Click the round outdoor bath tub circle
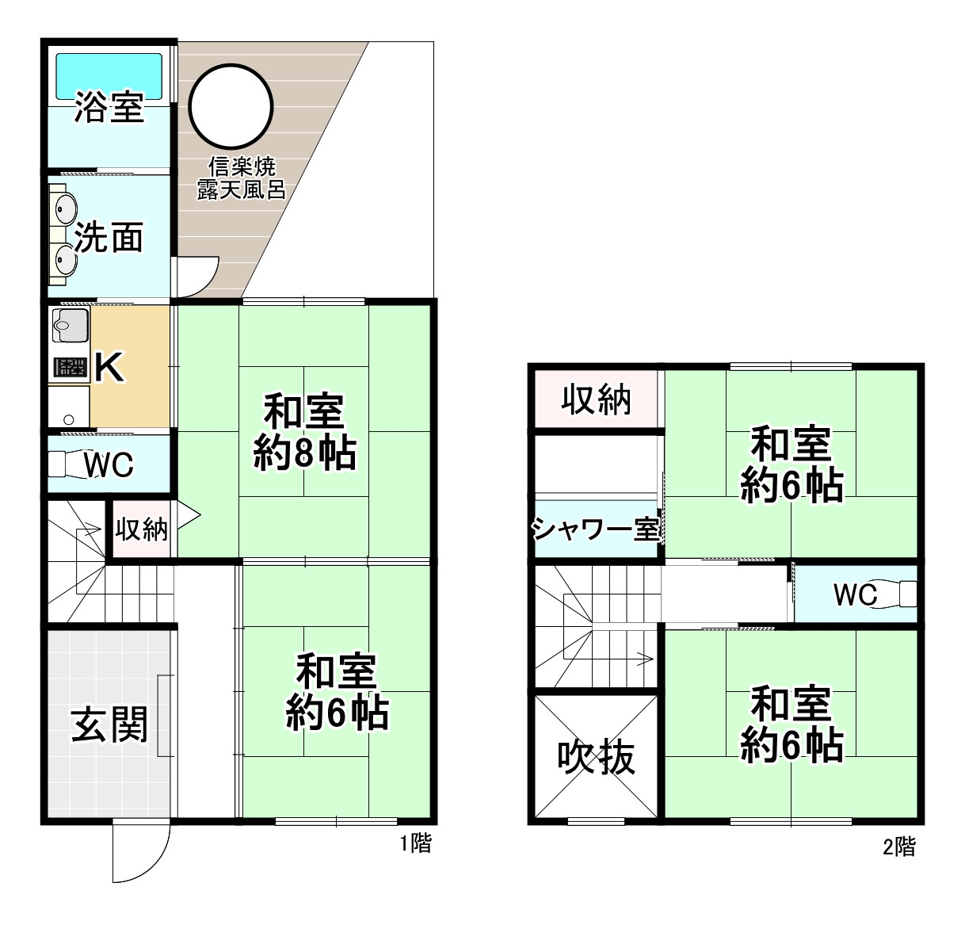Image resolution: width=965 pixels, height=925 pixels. [x=231, y=105]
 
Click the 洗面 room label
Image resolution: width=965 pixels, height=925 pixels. [x=109, y=237]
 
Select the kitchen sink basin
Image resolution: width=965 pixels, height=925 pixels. [x=70, y=324]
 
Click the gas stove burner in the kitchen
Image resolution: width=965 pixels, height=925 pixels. [x=70, y=367]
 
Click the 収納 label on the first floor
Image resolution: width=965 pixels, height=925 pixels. [x=142, y=529]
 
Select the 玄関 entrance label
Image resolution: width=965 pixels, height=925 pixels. [x=109, y=724]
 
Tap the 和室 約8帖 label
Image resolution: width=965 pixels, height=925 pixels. [x=305, y=433]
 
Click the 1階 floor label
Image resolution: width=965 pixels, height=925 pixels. [x=415, y=843]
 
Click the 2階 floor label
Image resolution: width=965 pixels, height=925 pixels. [x=899, y=847]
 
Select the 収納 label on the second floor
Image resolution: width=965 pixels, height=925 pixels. [x=597, y=400]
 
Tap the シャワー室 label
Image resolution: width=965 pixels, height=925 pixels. [x=597, y=529]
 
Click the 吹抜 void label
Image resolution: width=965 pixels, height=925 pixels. [x=597, y=758]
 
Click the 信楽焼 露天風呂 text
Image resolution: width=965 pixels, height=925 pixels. [x=242, y=178]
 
